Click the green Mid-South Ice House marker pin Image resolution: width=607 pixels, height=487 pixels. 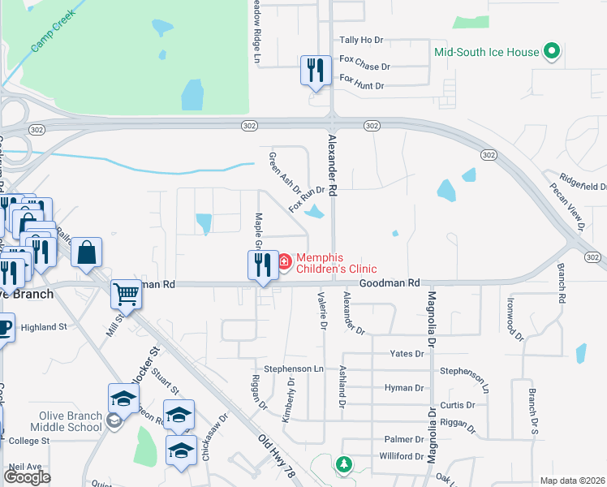point(552,52)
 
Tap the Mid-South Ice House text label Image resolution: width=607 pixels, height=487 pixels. point(487,52)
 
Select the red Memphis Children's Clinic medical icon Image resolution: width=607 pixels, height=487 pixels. point(285,261)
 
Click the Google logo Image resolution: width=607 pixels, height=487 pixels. point(27,477)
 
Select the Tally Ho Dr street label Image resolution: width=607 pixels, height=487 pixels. point(360,39)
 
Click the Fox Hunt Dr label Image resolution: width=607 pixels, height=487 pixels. point(361,80)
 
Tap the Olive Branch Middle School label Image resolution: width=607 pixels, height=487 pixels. point(71,421)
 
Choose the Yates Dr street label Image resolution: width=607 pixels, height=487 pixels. point(407,354)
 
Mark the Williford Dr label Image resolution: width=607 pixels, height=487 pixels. point(402,456)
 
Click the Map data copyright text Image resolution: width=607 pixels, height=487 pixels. point(570,481)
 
